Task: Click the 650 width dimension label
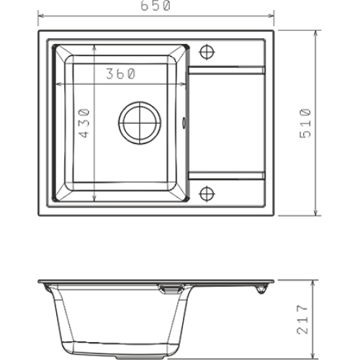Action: (x=156, y=6)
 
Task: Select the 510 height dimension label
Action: (x=305, y=123)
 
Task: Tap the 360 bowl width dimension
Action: (x=121, y=73)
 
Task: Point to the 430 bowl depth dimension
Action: (x=84, y=123)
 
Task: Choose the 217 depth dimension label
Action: (x=302, y=320)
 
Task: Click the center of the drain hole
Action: (x=140, y=122)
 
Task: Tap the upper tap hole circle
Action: (x=207, y=52)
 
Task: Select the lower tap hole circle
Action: (x=207, y=194)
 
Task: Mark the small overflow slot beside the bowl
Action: (x=184, y=122)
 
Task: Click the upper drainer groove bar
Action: (x=227, y=70)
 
